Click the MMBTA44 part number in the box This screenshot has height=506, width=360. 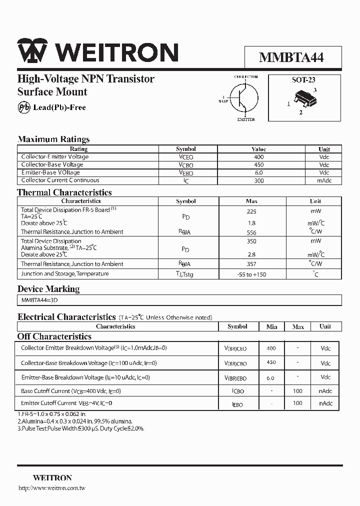click(291, 57)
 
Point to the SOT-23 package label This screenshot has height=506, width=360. click(303, 79)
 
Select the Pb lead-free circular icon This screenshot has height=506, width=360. click(23, 107)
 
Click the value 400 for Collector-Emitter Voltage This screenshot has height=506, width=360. click(258, 157)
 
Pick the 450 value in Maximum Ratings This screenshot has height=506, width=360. click(258, 164)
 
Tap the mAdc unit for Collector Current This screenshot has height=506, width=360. click(324, 180)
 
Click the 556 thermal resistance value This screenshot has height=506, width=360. click(251, 232)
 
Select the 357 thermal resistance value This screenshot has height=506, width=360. click(251, 264)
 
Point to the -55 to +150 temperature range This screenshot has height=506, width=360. click(251, 274)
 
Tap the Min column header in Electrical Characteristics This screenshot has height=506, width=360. click(271, 326)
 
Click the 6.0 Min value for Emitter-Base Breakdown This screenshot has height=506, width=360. click(270, 378)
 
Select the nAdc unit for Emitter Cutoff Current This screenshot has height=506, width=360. click(325, 403)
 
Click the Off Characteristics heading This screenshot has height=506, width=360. click(54, 336)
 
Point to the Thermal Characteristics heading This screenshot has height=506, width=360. click(64, 192)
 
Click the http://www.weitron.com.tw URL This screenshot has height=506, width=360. click(52, 487)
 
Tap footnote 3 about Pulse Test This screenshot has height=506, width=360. click(80, 428)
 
